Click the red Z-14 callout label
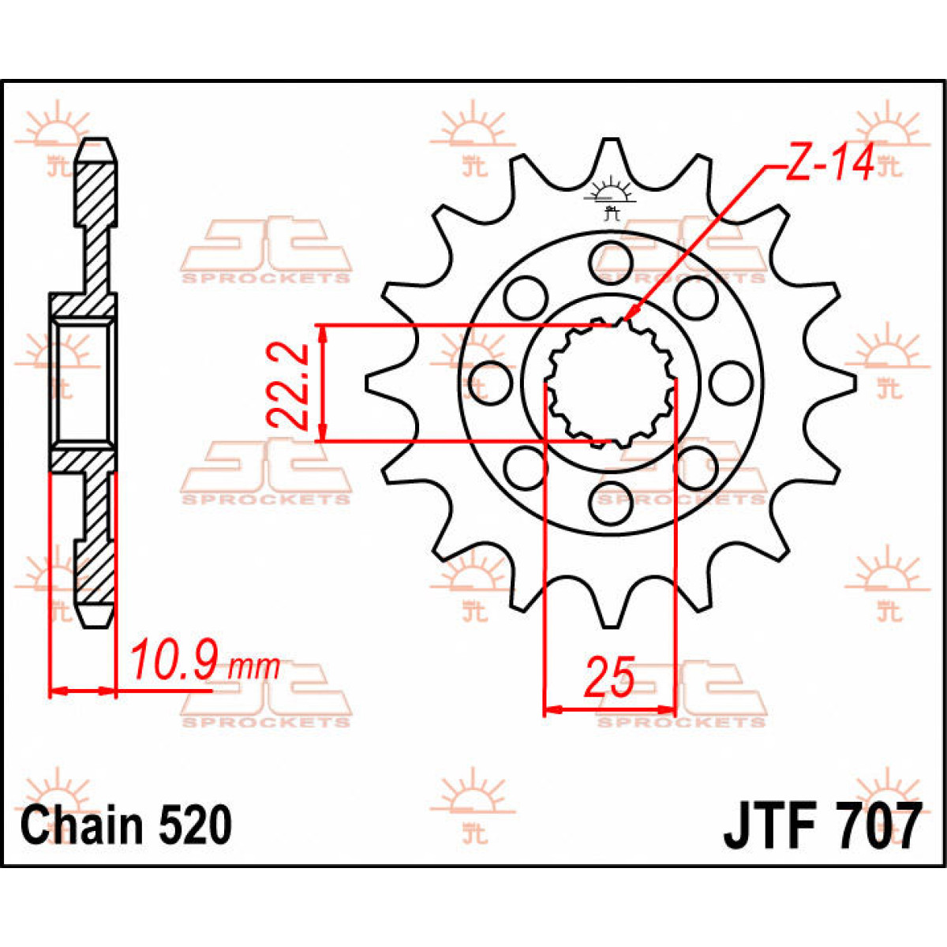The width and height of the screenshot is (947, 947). click(x=828, y=165)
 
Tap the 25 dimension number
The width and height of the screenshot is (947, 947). click(x=609, y=676)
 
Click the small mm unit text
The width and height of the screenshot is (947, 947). click(x=254, y=668)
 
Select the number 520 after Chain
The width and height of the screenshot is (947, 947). click(x=196, y=825)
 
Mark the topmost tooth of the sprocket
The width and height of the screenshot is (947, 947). click(x=612, y=154)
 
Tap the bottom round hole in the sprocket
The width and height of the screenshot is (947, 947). click(x=612, y=507)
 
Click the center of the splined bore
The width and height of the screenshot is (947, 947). click(x=612, y=384)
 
